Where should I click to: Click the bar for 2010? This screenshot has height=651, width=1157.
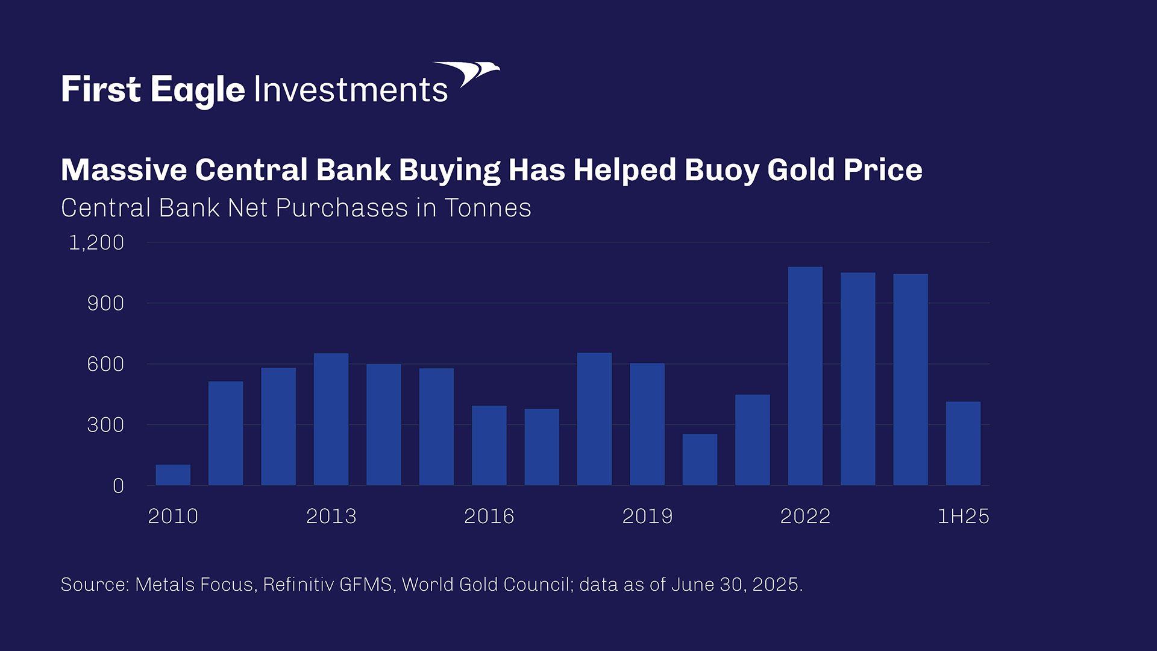[173, 475]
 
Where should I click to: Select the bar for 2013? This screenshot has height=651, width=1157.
[331, 420]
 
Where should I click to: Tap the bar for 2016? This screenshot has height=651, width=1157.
[489, 445]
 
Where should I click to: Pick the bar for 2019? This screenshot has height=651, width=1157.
[647, 424]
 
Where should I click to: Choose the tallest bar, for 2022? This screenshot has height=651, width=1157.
[805, 376]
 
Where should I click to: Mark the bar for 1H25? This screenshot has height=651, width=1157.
[963, 444]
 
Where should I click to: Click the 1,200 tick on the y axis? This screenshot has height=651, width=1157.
[96, 243]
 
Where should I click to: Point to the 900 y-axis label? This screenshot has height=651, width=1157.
[105, 303]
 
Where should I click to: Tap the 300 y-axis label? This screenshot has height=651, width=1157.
[105, 425]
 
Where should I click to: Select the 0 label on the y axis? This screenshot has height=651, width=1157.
[118, 486]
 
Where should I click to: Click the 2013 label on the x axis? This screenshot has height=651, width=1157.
[331, 517]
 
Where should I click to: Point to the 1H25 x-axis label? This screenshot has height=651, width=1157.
[963, 517]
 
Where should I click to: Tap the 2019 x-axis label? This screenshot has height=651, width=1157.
[647, 517]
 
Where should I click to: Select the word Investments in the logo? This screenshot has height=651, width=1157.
[351, 90]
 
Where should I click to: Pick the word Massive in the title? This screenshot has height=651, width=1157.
[124, 170]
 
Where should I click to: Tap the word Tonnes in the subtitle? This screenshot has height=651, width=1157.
[488, 208]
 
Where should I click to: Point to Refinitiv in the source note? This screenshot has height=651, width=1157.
[298, 585]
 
